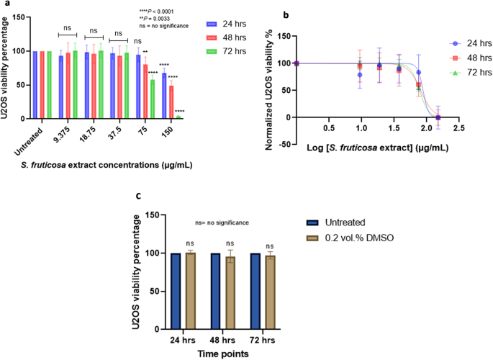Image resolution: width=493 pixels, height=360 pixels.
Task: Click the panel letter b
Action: click(267, 14)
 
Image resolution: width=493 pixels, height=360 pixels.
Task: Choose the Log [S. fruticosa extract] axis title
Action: click(376, 147)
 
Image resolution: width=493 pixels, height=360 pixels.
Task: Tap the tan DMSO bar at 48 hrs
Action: click(230, 291)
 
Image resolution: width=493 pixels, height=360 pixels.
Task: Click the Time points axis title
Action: click(223, 354)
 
